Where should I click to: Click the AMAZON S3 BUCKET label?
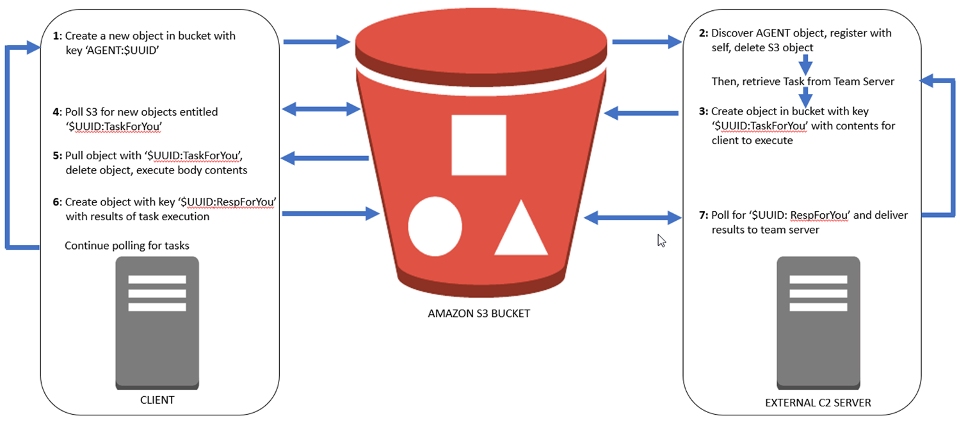click(x=479, y=314)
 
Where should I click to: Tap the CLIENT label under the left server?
click(x=157, y=401)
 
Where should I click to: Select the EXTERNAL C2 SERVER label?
click(x=818, y=403)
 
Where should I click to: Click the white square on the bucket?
click(x=478, y=145)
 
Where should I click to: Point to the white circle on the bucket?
click(x=435, y=227)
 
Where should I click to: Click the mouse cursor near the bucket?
click(x=661, y=241)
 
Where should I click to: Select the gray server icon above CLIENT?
click(x=157, y=322)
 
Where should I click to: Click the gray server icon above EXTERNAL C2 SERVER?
click(x=818, y=322)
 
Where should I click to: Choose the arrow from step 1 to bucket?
click(x=317, y=42)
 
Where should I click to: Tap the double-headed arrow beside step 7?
click(x=634, y=218)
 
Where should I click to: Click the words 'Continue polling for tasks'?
click(x=127, y=246)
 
